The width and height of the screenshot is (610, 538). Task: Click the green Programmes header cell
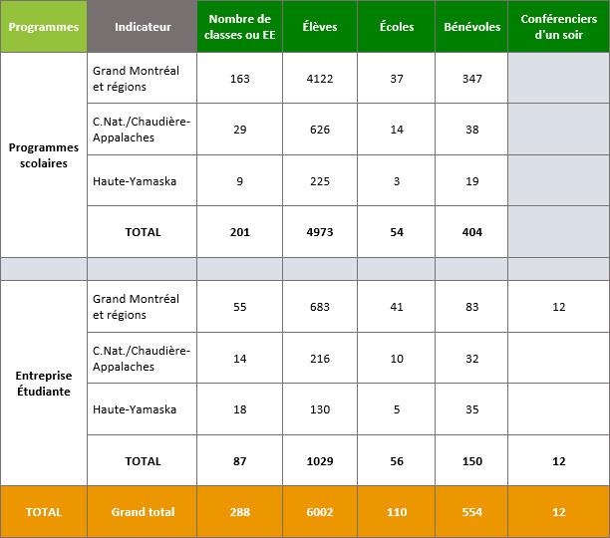pyautogui.click(x=43, y=27)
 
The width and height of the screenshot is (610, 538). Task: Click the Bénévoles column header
pyautogui.click(x=471, y=27)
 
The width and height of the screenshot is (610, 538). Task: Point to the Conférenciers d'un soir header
pyautogui.click(x=558, y=27)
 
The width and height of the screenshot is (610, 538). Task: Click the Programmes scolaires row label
pyautogui.click(x=43, y=154)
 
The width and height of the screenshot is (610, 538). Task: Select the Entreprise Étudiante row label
pyautogui.click(x=43, y=384)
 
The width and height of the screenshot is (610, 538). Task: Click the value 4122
pyautogui.click(x=319, y=78)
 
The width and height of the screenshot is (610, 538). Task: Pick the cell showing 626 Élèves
pyautogui.click(x=319, y=130)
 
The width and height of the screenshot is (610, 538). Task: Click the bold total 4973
pyautogui.click(x=319, y=232)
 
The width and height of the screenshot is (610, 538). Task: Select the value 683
pyautogui.click(x=319, y=307)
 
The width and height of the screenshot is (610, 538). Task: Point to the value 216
pyautogui.click(x=319, y=359)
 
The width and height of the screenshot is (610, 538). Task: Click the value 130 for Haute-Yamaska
pyautogui.click(x=319, y=409)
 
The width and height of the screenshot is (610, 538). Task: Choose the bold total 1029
pyautogui.click(x=319, y=461)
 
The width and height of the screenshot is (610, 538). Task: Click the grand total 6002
pyautogui.click(x=319, y=512)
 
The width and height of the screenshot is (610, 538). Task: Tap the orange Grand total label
pyautogui.click(x=143, y=512)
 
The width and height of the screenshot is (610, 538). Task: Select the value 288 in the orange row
pyautogui.click(x=239, y=512)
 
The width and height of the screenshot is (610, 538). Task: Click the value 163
pyautogui.click(x=239, y=78)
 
